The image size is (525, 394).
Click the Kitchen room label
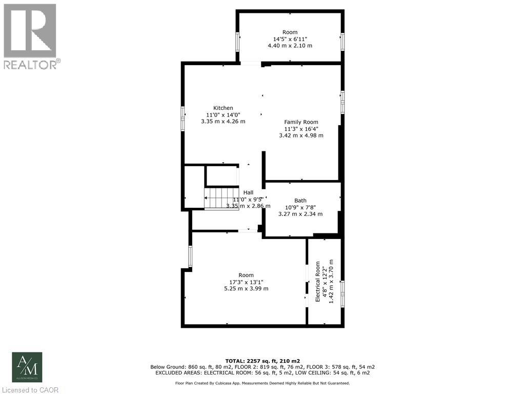coord(223,108)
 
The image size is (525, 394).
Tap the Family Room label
coord(301,122)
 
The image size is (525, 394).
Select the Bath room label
coord(300,201)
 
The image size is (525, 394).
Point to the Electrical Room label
coord(318,282)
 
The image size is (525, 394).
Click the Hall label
coord(248,192)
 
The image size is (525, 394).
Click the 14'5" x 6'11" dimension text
coord(290,39)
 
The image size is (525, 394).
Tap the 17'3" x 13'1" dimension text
coord(246,282)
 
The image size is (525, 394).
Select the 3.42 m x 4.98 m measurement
coord(301,135)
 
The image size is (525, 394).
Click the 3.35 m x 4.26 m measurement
coord(223,122)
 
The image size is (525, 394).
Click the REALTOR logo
coord(31,36)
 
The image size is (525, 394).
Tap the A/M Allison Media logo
coord(27,367)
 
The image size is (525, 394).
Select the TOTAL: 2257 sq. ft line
coord(262,361)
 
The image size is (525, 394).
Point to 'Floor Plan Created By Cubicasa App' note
coord(262,383)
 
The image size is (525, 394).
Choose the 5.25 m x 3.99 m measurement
coord(246,288)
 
